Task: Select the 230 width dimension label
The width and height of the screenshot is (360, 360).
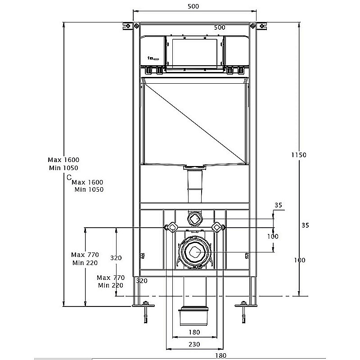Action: click(194, 344)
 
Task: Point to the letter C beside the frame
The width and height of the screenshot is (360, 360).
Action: click(69, 178)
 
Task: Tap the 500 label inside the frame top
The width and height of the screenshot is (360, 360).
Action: click(219, 27)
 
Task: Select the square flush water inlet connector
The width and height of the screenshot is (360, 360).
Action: click(194, 219)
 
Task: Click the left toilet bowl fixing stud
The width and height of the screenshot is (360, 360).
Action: click(171, 228)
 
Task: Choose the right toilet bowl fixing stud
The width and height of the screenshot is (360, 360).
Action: click(217, 228)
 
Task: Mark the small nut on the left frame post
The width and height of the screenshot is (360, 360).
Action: click(142, 256)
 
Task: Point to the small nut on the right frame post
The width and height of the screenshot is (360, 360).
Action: click(247, 256)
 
